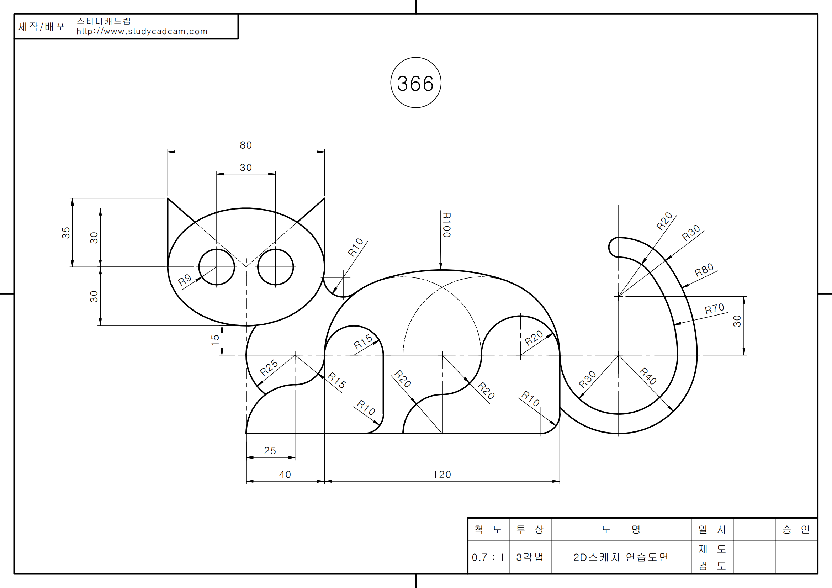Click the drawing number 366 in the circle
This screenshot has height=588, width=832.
(415, 83)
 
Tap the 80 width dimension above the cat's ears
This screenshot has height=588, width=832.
(246, 145)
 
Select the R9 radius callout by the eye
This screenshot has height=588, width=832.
(185, 280)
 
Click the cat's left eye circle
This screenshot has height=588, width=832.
(217, 267)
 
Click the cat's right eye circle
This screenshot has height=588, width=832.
(275, 267)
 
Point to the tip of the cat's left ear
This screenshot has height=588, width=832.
(168, 198)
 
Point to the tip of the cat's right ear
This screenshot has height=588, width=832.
(324, 198)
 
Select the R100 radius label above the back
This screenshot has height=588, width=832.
(446, 225)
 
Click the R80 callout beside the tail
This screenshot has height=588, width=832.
(704, 270)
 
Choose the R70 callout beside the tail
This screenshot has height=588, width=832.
(714, 309)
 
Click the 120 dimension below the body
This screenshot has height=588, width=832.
(442, 475)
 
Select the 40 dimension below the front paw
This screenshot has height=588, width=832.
(285, 475)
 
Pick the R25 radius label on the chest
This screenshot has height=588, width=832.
(269, 368)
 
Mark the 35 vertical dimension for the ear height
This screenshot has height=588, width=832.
(65, 233)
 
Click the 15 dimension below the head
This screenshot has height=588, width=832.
(215, 340)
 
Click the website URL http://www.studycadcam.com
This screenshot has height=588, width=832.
(142, 32)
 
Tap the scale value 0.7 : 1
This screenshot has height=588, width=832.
(488, 557)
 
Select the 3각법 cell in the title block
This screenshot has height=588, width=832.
(530, 557)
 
